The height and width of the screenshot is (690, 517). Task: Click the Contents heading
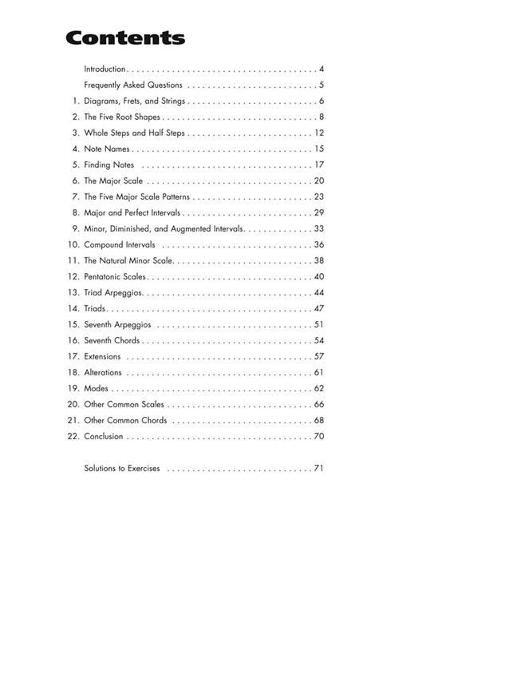[x=125, y=38]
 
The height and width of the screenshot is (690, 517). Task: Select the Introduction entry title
[x=105, y=69]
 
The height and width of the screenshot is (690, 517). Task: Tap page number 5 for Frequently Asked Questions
[x=321, y=85]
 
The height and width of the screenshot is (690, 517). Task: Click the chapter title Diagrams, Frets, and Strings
[x=134, y=101]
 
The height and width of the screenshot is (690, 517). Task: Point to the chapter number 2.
[x=76, y=117]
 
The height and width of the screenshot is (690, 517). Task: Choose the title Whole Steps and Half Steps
[x=134, y=133]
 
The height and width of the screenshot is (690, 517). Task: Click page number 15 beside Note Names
[x=318, y=149]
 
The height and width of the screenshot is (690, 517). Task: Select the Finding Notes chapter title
[x=109, y=165]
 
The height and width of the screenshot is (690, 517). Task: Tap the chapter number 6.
[x=76, y=181]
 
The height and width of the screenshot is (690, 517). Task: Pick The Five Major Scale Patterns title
[x=136, y=197]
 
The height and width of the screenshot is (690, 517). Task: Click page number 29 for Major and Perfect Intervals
[x=318, y=213]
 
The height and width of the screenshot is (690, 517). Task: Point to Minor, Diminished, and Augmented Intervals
[x=163, y=229]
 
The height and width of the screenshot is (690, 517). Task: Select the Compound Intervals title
[x=120, y=245]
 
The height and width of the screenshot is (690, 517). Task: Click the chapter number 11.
[x=73, y=261]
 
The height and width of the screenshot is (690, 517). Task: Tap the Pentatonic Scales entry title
[x=115, y=277]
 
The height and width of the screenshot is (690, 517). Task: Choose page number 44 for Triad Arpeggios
[x=318, y=293]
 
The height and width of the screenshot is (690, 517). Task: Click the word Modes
[x=96, y=389]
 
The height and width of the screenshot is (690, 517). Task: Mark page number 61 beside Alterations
[x=318, y=373]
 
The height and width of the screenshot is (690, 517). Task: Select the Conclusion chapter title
[x=104, y=437]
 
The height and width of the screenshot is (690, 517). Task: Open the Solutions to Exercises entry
[x=122, y=469]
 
